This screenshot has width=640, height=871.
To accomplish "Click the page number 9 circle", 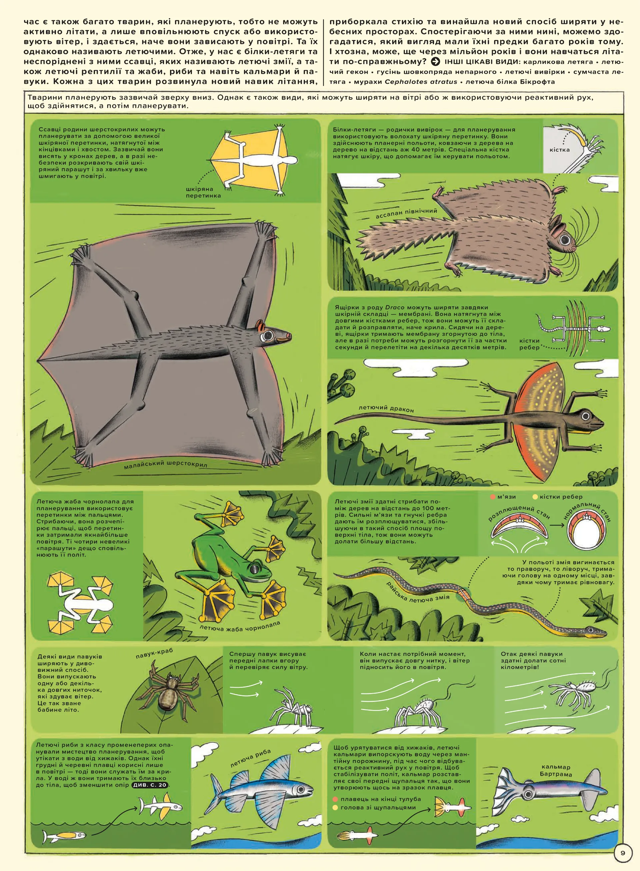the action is pos(623,852).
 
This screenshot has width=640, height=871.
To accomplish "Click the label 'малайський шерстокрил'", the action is pos(165,464).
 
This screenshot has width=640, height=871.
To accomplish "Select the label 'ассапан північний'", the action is pos(406,213).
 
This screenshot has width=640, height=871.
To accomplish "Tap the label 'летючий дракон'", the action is pos(386,408).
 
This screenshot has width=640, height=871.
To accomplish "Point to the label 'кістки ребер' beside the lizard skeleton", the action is pos(529,344).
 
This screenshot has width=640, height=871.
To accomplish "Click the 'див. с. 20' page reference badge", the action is pos(150,785).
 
